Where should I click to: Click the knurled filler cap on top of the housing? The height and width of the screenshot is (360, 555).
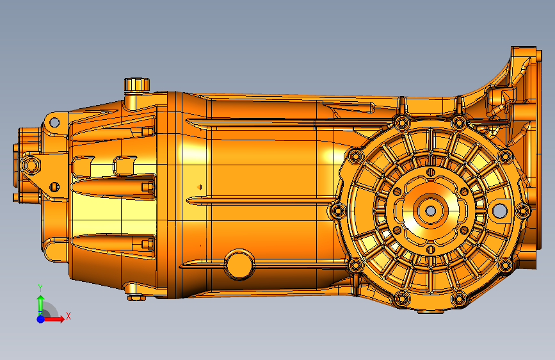[x=136, y=85]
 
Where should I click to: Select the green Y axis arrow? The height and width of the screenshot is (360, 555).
[x=40, y=301]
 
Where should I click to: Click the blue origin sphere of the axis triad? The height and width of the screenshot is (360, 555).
[x=40, y=318]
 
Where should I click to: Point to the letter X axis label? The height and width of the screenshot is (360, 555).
[x=68, y=316]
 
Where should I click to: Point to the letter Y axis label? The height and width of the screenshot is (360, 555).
[x=40, y=288]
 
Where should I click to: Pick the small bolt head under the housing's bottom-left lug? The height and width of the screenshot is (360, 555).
[x=135, y=297]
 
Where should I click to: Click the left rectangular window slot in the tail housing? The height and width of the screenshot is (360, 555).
[x=83, y=166]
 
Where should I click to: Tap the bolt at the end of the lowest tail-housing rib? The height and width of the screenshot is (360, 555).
[x=147, y=243]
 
